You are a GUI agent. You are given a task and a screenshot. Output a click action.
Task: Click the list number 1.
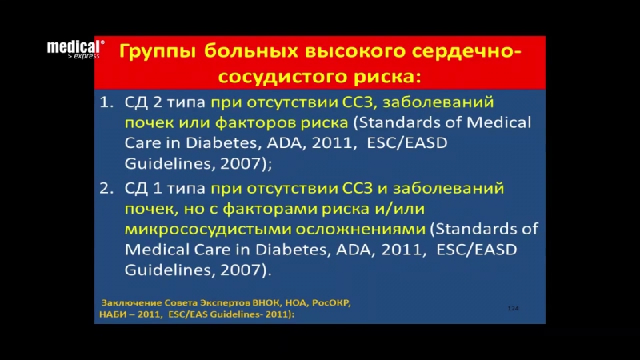(106, 104)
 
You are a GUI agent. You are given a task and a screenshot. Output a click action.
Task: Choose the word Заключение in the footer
(128, 303)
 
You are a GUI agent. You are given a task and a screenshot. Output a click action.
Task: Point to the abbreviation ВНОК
(262, 303)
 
